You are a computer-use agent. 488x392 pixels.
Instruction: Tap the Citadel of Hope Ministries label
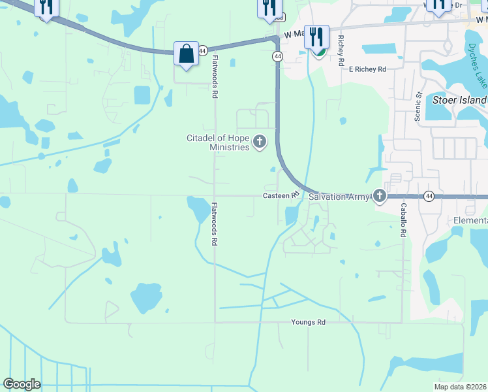[219, 142]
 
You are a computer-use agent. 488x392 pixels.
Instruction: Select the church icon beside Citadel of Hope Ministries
[260, 142]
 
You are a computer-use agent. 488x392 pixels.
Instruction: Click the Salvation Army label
[339, 197]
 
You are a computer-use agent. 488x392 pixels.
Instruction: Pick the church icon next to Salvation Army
[380, 196]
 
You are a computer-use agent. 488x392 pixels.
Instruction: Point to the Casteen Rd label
[281, 195]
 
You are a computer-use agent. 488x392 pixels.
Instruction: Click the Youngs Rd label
[308, 322]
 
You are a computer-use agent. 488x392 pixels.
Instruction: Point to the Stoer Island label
[459, 101]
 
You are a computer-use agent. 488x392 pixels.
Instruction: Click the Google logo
[22, 384]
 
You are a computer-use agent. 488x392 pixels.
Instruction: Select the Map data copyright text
[461, 387]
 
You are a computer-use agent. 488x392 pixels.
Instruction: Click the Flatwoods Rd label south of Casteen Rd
[214, 223]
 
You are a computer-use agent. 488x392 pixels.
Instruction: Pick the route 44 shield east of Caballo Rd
[429, 196]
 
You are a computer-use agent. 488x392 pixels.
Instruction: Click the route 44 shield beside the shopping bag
[204, 50]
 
